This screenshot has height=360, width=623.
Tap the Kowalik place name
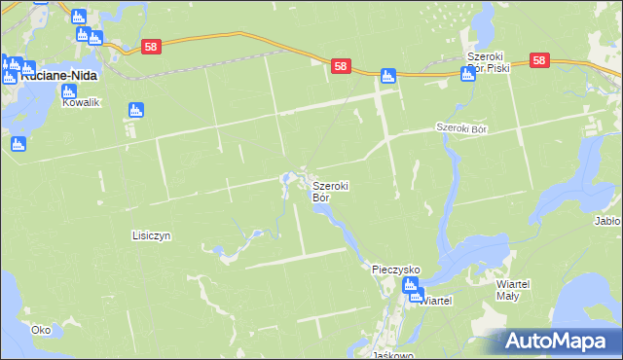(82, 102)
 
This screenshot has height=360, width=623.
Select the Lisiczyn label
(152, 235)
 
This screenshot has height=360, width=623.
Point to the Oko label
(40, 330)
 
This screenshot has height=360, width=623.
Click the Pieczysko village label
(395, 268)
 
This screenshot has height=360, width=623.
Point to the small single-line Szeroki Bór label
(461, 127)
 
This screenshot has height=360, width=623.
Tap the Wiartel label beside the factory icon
(435, 302)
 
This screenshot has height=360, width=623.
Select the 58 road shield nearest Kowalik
(150, 47)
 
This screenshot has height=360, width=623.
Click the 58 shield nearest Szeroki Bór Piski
(541, 60)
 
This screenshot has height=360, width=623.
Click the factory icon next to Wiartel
(412, 286)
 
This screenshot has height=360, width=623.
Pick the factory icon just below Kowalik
(136, 111)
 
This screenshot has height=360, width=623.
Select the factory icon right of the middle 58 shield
(387, 75)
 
